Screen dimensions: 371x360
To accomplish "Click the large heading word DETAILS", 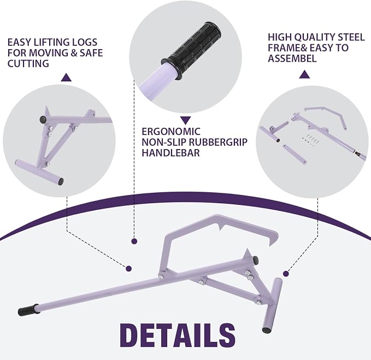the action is pyautogui.click(x=178, y=335).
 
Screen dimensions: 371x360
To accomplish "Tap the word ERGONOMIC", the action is pyautogui.click(x=171, y=132).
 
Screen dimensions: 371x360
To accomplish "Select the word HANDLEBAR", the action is pyautogui.click(x=170, y=153).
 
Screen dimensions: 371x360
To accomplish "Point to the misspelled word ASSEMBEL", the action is pyautogui.click(x=292, y=58).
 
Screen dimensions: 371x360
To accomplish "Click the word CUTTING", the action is pyautogui.click(x=28, y=63).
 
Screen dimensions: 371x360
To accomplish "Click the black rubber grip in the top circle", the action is pyautogui.click(x=192, y=49).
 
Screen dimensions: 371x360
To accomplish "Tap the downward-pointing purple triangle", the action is pyautogui.click(x=186, y=120).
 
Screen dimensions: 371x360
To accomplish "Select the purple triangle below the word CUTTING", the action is pyautogui.click(x=66, y=78).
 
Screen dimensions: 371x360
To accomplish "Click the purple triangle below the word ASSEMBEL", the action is pyautogui.click(x=304, y=74).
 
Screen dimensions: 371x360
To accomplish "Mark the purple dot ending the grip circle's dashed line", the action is pyautogui.click(x=134, y=241).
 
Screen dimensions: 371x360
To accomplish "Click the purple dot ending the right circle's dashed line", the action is pyautogui.click(x=286, y=274).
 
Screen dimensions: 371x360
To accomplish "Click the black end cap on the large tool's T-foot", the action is pyautogui.click(x=266, y=329).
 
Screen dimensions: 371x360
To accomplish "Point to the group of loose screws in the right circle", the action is pyautogui.click(x=309, y=140).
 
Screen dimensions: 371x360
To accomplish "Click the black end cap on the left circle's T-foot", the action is pyautogui.click(x=60, y=181).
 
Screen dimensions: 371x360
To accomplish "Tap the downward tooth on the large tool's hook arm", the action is pyautogui.click(x=221, y=227).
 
